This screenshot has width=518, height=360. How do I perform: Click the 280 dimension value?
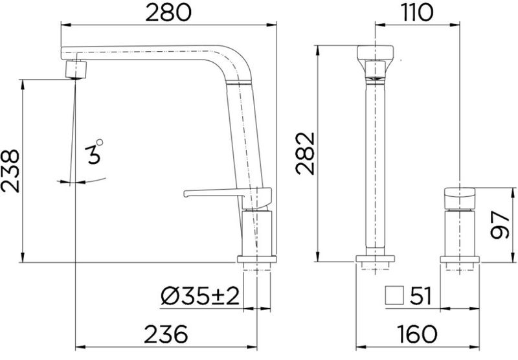(x=168, y=13)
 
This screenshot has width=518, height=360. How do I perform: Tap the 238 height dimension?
(x=10, y=171)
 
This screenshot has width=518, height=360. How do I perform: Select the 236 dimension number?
(x=166, y=334)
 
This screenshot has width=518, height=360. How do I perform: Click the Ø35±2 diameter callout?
(x=200, y=296)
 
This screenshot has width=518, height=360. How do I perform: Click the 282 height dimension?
(x=305, y=153)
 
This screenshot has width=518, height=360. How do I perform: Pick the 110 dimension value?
(x=417, y=12)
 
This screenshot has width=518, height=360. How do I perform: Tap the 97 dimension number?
(x=499, y=225)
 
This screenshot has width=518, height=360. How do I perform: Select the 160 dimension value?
(x=417, y=334)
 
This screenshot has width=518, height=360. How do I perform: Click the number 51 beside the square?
(x=420, y=296)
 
